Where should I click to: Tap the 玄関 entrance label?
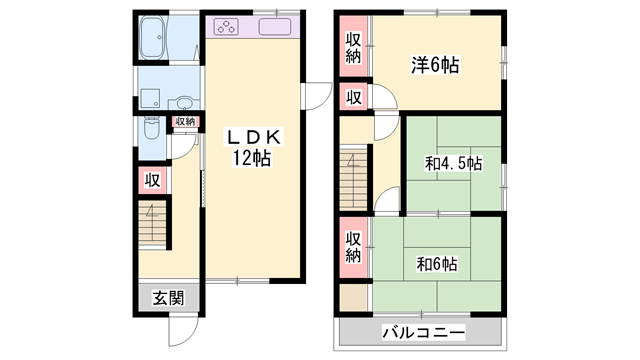click(x=168, y=297)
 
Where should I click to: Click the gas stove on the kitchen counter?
click(x=226, y=27)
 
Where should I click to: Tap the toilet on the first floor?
click(x=151, y=131)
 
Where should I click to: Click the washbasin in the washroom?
click(x=184, y=100)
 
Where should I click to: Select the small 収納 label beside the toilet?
click(x=185, y=122)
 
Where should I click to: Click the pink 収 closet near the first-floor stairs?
click(x=151, y=180)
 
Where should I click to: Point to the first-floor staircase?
click(x=152, y=222)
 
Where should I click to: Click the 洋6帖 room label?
click(x=434, y=66)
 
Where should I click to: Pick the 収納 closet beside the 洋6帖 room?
click(x=353, y=47)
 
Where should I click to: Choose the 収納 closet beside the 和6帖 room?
click(x=353, y=247)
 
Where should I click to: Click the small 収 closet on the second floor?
click(x=353, y=96)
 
